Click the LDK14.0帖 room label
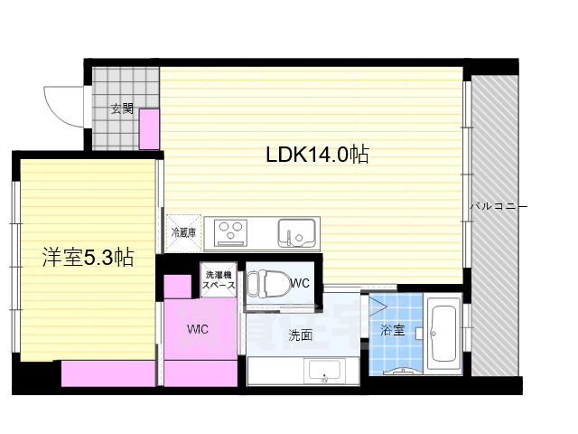coord(316,155)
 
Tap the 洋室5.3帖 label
coord(89,258)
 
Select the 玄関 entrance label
coord(122,109)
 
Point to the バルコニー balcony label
coord(498,207)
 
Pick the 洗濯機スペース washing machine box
coord(219,280)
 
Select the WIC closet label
coord(199,328)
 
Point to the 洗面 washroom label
coord(301,335)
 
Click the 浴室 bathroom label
coord(392,331)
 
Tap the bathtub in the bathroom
coord(443,335)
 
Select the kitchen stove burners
coord(233,232)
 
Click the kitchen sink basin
coord(296,233)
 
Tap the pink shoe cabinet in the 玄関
coord(150,128)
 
